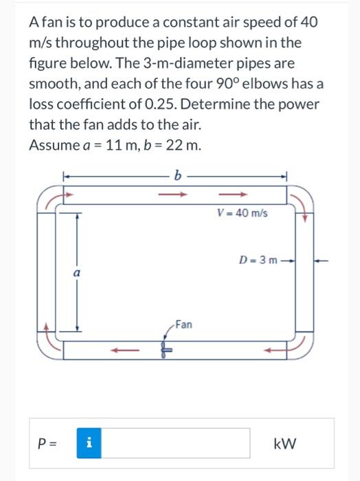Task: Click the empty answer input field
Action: point(177,443)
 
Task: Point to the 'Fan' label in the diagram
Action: point(183,323)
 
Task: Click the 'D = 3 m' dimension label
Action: point(257,260)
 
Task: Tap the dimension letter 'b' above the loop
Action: point(178,176)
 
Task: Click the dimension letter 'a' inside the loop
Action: point(78,273)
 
